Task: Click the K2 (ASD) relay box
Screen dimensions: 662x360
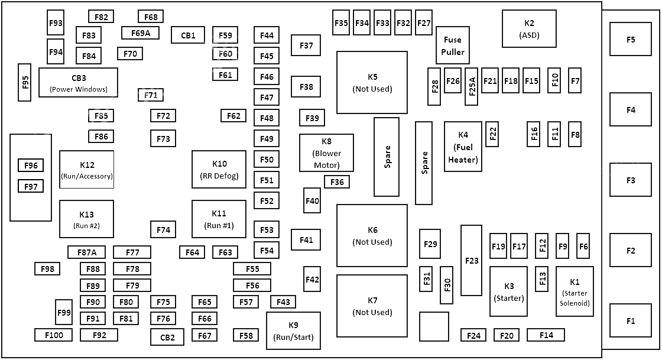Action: [x=529, y=29]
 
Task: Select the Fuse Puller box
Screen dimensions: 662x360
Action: [x=453, y=46]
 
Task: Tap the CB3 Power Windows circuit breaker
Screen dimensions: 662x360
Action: [x=78, y=83]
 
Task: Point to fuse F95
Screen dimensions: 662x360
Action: [x=24, y=83]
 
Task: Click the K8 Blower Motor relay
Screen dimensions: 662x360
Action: [x=326, y=153]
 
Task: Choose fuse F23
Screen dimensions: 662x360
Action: [x=471, y=261]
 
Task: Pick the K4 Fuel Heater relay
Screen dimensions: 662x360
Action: [x=463, y=147]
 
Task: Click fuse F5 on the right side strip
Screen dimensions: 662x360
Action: [x=630, y=39]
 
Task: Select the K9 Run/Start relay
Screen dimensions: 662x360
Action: [x=293, y=331]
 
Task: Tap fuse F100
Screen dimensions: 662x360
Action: [x=54, y=335]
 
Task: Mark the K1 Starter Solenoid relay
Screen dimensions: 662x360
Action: [x=575, y=291]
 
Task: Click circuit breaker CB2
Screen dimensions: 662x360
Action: [x=167, y=337]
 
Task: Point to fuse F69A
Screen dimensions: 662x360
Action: [x=140, y=33]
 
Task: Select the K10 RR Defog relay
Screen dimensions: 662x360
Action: [x=219, y=170]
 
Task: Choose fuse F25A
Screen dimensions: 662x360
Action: [x=471, y=86]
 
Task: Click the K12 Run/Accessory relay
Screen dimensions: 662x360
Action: [x=86, y=170]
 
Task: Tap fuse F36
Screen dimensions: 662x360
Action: [x=337, y=182]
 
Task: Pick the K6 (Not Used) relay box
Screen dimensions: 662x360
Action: [x=372, y=235]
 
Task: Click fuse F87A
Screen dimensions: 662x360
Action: [x=86, y=252]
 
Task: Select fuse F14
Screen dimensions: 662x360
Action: [x=546, y=335]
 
